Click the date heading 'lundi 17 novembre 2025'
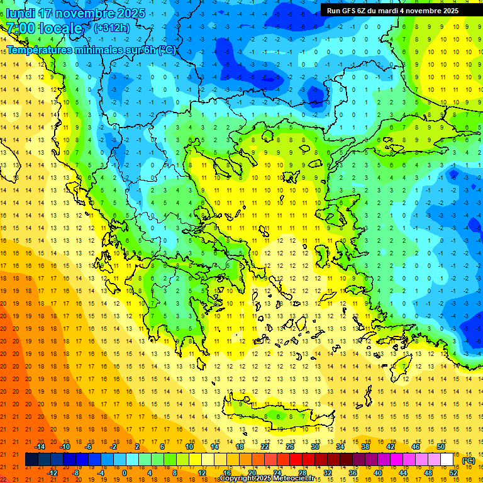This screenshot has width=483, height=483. pos(75,13)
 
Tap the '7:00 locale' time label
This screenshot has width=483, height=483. pos(45,28)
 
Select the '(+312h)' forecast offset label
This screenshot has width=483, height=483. pos(112,28)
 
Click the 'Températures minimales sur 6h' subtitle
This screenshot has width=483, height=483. pos(91,50)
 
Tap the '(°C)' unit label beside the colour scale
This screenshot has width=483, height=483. pos(469,460)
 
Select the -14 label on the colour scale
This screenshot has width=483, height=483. pos(40,447)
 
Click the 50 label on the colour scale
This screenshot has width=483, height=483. pos(441,447)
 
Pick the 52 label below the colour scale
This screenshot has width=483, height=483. pos(453,473)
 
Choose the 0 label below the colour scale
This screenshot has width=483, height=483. pos(125,473)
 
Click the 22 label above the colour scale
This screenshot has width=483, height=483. pos(265,447)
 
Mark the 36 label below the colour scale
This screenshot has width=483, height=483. pos(353,473)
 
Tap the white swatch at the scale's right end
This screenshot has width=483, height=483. pos(447,460)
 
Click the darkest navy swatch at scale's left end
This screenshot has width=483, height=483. pos(32,460)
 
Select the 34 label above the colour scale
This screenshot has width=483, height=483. pos(340,447)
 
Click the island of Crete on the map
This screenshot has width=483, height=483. pos(277,416)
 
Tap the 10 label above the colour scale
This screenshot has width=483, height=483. pos(189,447)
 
